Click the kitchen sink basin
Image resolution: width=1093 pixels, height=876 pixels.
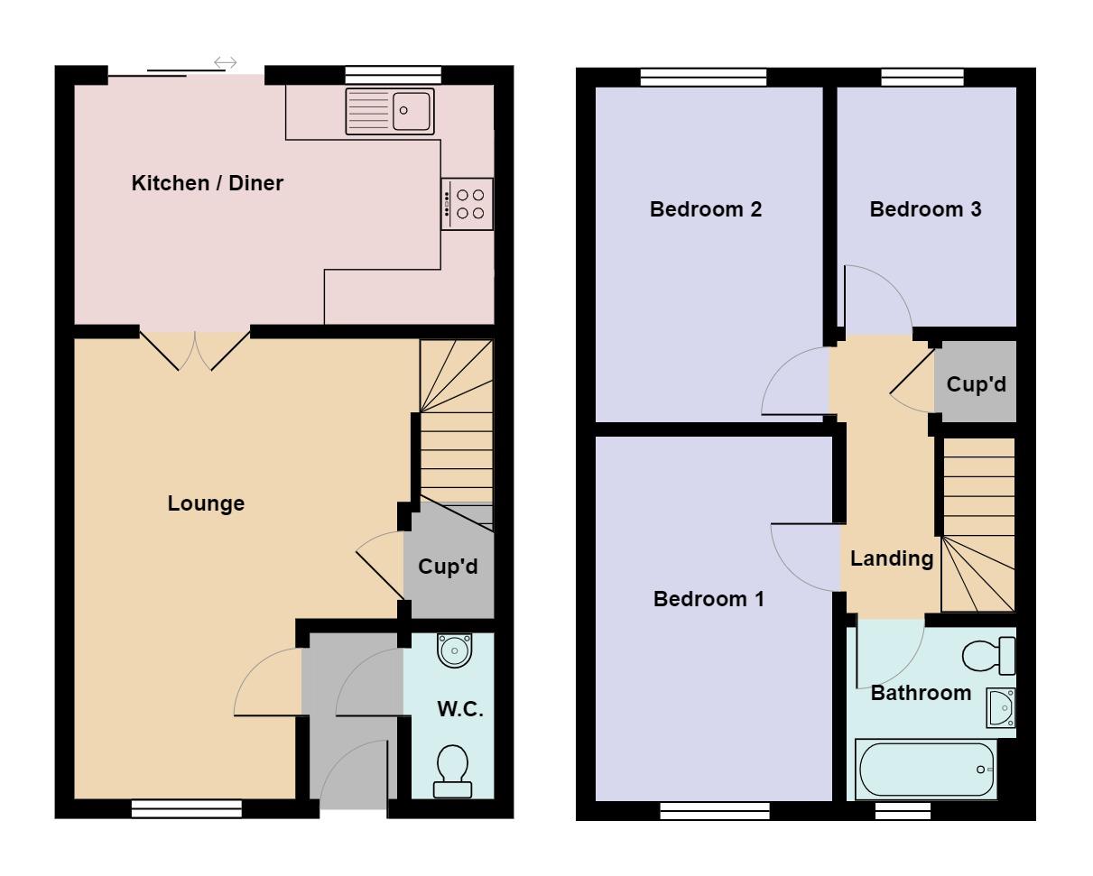pos(411,111)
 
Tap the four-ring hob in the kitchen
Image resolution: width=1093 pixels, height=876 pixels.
pos(467,204)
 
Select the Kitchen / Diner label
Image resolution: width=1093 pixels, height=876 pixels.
pos(208,183)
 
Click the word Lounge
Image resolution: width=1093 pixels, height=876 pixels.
pos(206,503)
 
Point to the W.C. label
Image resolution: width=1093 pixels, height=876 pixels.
pos(460,709)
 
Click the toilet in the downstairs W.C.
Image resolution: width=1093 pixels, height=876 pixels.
pos(452,770)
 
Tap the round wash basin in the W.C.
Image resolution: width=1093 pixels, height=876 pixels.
pos(455,650)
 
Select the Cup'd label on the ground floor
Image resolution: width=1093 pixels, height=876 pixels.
pos(448,567)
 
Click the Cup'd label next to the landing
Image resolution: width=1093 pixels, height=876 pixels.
pos(977,384)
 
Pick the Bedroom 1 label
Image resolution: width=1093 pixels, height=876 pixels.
pos(709,599)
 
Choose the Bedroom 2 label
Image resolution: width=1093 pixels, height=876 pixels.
pos(706,209)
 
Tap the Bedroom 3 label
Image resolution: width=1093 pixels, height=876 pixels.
pos(925,209)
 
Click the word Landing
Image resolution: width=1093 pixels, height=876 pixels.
pos(892,559)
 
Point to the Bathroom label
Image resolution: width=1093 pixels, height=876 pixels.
pos(921,693)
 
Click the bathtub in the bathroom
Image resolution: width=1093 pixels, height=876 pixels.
pos(926,769)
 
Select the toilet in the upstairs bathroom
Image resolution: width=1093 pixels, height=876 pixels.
pos(988,656)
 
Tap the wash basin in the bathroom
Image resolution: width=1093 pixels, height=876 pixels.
pos(1001,708)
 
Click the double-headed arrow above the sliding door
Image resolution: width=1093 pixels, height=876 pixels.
pos(226,63)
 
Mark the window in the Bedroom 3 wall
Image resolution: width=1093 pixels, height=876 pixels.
pos(922,78)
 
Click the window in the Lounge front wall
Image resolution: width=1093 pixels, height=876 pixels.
pos(187,809)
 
